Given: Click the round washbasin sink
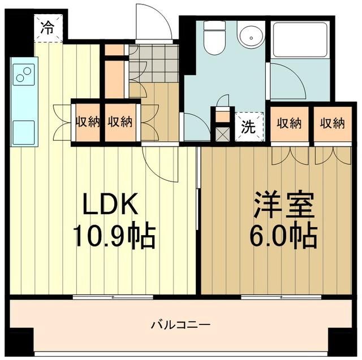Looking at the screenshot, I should click(x=249, y=37).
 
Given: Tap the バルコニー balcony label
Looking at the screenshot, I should click(x=180, y=325).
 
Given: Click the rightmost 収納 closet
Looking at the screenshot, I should click(x=331, y=123).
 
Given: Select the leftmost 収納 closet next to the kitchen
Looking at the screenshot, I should click(x=86, y=122).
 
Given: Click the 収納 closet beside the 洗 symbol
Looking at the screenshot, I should click(x=288, y=123).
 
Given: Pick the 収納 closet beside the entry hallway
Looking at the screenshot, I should click(x=119, y=122).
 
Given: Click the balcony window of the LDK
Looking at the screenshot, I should click(x=113, y=296).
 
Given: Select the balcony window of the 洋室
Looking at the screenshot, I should click(x=281, y=296).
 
